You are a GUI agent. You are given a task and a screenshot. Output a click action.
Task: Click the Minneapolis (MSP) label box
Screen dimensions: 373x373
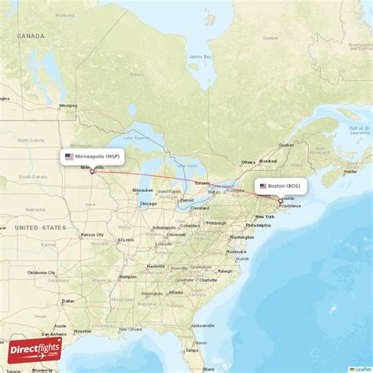[x=93, y=157]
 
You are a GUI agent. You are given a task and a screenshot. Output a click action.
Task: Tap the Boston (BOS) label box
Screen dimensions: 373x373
[x=280, y=186]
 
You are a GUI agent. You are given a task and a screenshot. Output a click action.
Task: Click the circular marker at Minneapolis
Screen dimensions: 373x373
[x=92, y=172]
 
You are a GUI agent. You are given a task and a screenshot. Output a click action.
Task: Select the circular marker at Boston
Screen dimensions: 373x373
[x=280, y=200]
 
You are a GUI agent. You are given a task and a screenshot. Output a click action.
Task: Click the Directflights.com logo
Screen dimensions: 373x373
[x=33, y=349]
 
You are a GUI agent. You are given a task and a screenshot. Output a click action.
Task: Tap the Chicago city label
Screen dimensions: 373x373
[x=148, y=204]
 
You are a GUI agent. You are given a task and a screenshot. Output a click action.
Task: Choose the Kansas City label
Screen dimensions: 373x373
[x=90, y=235]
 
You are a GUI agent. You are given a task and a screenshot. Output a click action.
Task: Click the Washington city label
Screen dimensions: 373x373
[x=242, y=237]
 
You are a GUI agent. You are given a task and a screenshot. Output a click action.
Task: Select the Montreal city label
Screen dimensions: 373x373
[x=268, y=161]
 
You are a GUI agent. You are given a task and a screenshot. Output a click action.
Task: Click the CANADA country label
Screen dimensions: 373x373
[x=32, y=35]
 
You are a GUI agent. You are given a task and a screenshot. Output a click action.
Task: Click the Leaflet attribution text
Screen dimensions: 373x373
[x=362, y=369]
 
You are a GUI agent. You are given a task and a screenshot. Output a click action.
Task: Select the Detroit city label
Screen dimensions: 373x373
[x=187, y=200]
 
